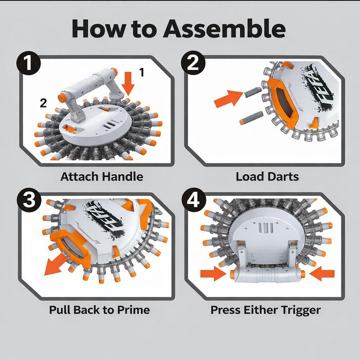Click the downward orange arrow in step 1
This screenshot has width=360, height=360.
(128, 82)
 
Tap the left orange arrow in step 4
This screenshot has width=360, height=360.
(211, 273)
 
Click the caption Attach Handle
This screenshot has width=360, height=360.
(102, 176)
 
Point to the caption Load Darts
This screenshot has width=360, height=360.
(267, 176)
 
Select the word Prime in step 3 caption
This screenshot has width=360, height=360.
(131, 310)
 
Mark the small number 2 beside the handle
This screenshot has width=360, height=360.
(43, 103)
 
